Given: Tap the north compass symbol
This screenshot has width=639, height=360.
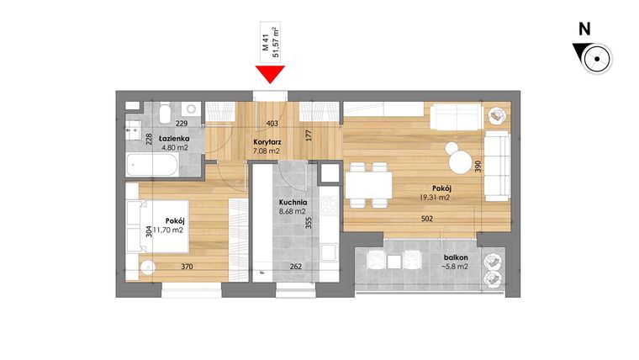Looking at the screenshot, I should [x=594, y=59].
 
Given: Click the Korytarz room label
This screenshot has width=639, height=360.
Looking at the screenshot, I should [x=267, y=143].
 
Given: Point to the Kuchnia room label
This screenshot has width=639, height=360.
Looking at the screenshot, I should [x=293, y=203].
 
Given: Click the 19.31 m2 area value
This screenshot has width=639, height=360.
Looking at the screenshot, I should [x=436, y=198].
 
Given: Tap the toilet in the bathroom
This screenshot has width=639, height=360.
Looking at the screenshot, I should [x=166, y=113].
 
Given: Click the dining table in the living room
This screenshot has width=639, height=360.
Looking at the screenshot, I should [x=369, y=183].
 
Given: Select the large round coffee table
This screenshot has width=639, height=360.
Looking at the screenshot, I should [x=461, y=160].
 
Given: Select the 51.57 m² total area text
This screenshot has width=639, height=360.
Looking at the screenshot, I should [x=277, y=45].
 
